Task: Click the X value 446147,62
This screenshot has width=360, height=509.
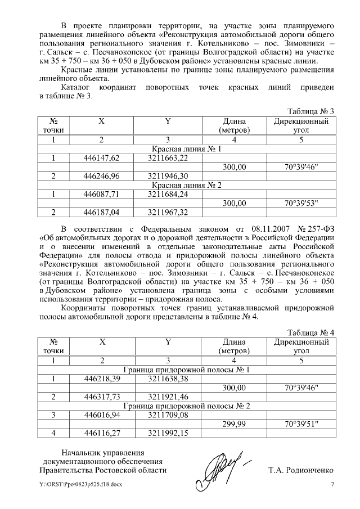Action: click(102, 158)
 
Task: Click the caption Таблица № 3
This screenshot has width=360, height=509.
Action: click(311, 111)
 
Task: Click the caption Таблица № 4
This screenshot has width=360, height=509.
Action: click(311, 332)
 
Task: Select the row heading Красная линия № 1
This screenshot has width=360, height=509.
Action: click(187, 149)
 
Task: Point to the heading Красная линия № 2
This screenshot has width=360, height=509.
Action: click(187, 185)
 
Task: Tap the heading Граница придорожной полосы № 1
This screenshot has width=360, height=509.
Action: click(187, 370)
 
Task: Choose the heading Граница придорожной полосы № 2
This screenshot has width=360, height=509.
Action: click(187, 406)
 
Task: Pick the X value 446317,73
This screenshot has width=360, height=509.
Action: click(102, 397)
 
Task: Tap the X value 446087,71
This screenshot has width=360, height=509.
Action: click(102, 194)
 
